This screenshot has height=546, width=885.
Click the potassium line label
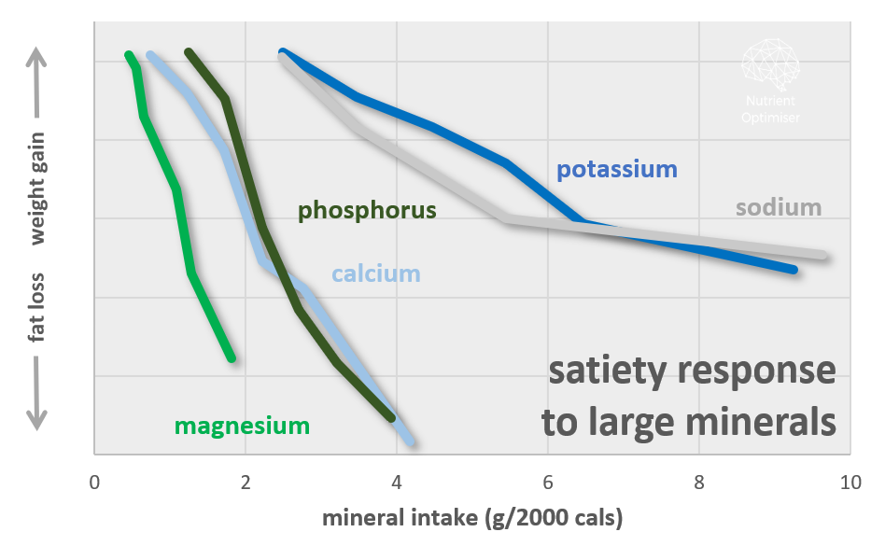616,170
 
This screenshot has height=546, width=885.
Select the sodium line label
778,207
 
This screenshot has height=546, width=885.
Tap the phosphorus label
367,211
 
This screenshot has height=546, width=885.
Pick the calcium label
375,274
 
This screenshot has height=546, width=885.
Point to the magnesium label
242,427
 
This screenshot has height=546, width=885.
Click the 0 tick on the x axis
94,483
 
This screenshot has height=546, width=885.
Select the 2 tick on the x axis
246,483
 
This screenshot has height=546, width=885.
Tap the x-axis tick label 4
397,483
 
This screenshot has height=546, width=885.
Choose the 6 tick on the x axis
548,483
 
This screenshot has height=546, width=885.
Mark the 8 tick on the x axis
699,483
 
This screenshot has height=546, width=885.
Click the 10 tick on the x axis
849,483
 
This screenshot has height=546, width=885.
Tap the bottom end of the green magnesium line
231,357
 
